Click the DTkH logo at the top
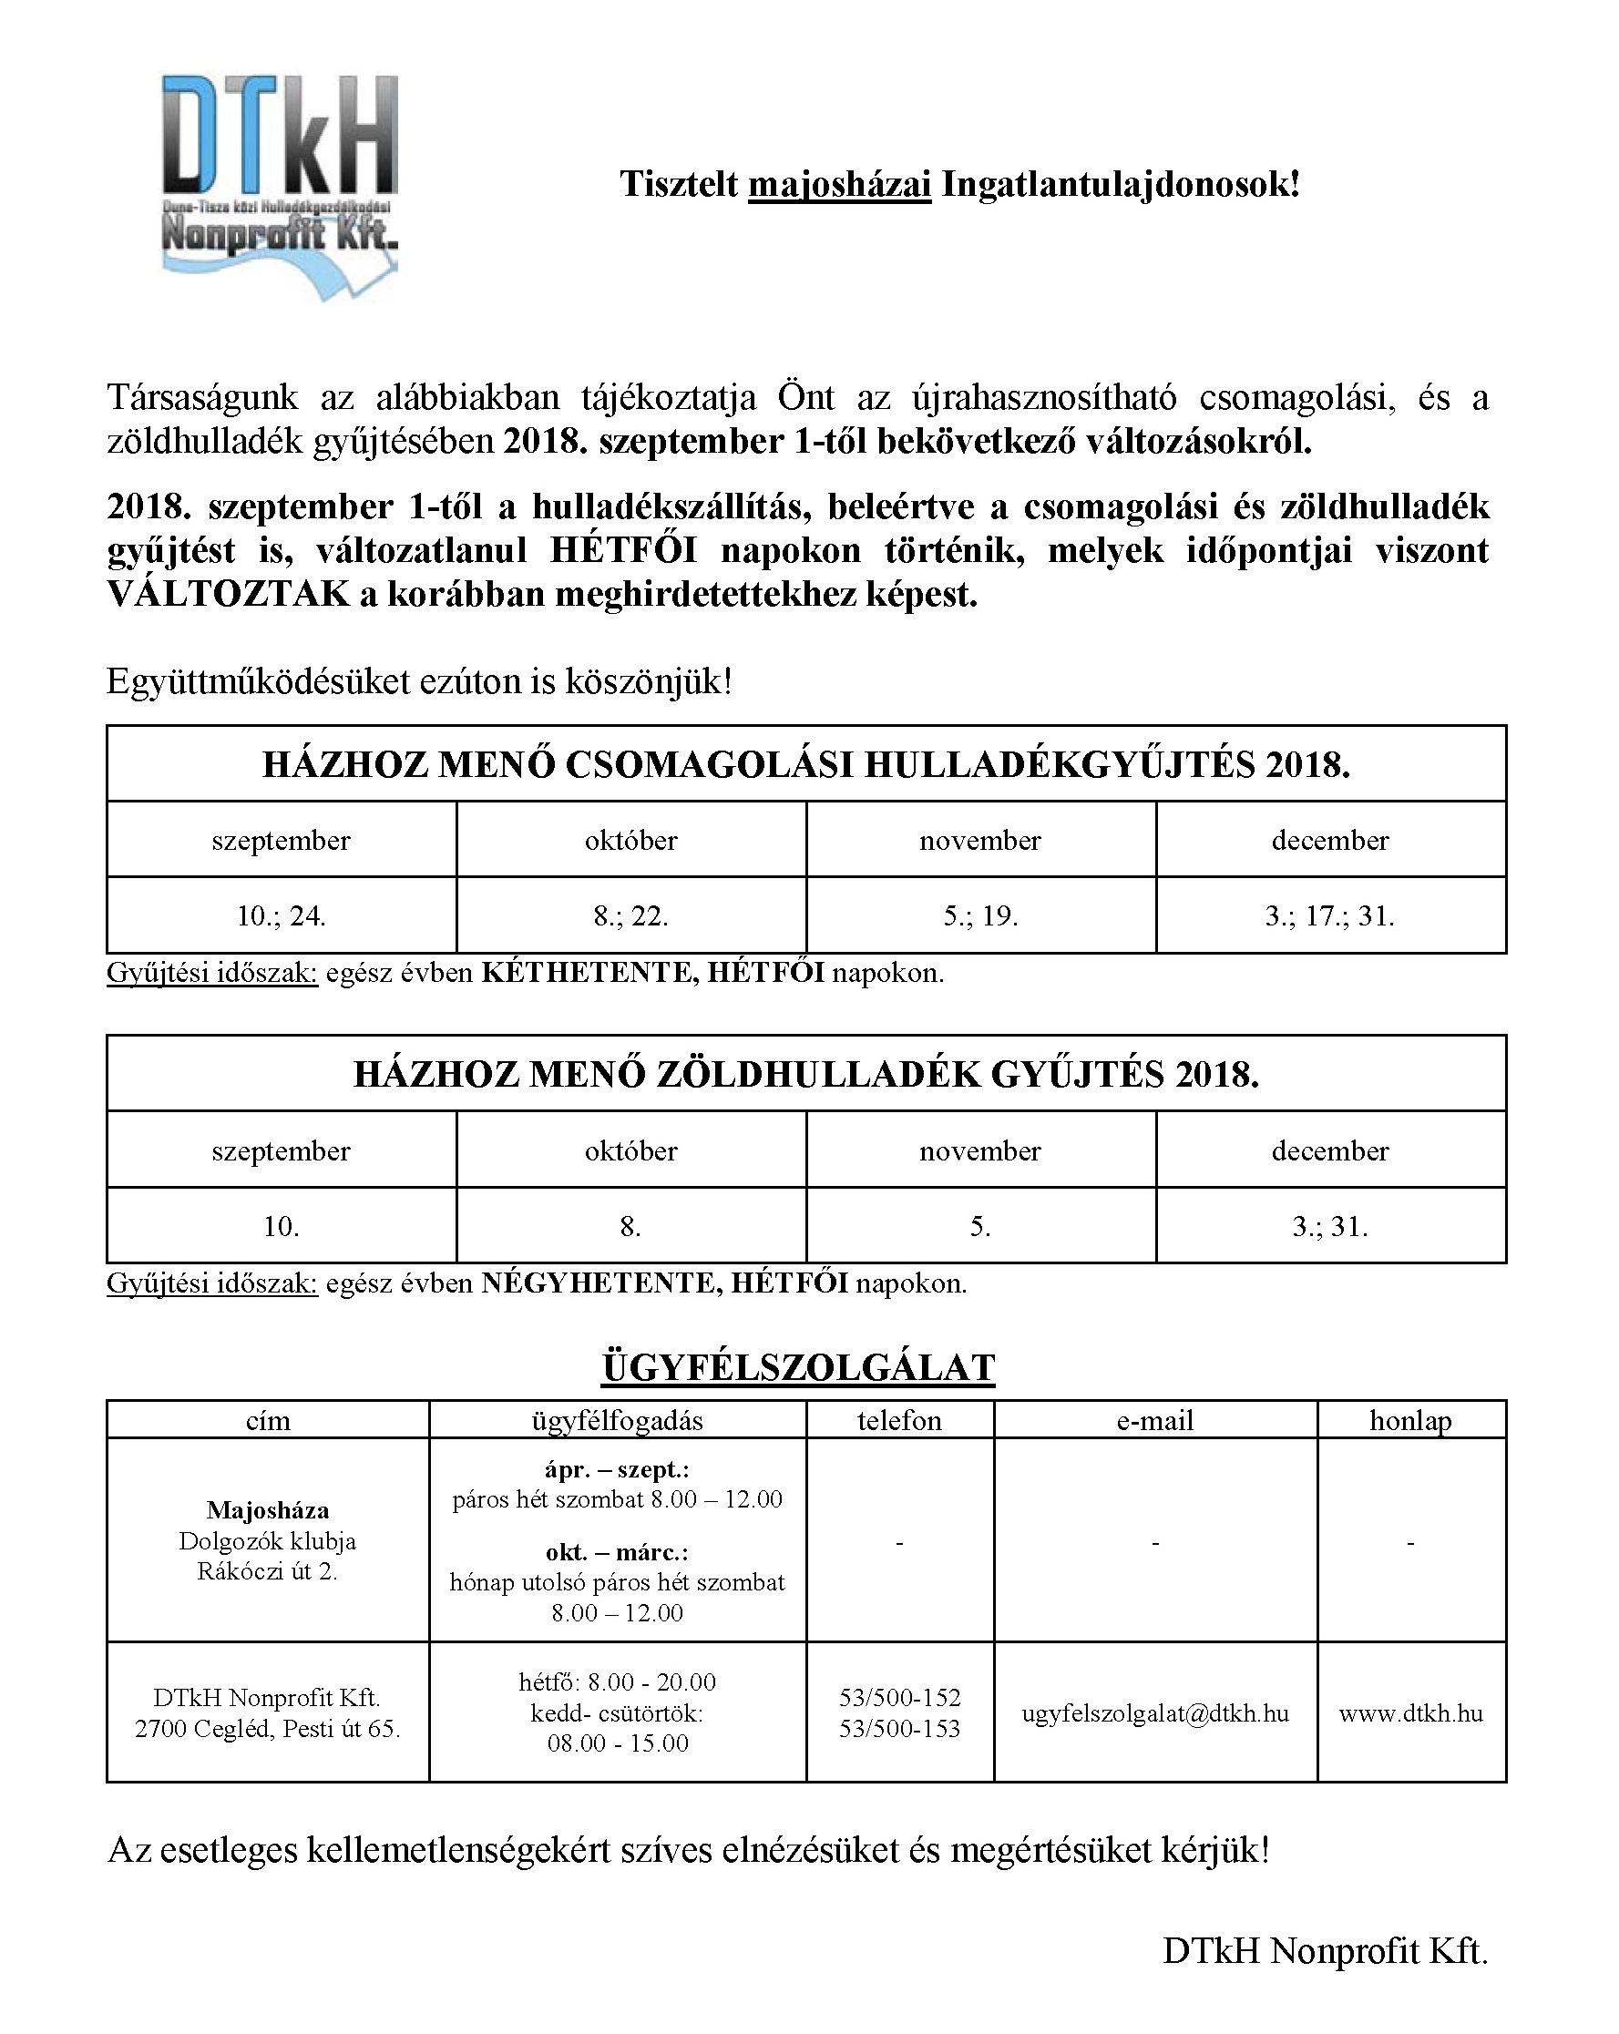point(280,187)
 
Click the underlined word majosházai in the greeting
point(839,184)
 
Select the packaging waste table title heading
point(805,764)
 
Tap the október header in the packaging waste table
point(630,841)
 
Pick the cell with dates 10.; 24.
point(282,916)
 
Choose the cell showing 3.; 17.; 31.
point(1329,916)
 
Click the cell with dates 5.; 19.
point(980,916)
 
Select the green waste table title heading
point(805,1075)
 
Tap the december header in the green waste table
point(1329,1151)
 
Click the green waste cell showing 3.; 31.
point(1329,1226)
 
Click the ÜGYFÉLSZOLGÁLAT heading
point(798,1368)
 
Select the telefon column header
point(899,1421)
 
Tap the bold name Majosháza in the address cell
point(268,1510)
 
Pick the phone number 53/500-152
point(899,1697)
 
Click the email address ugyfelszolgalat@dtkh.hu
point(1155,1713)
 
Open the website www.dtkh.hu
point(1410,1713)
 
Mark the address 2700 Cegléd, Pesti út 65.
point(268,1728)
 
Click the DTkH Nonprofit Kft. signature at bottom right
point(1324,1951)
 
